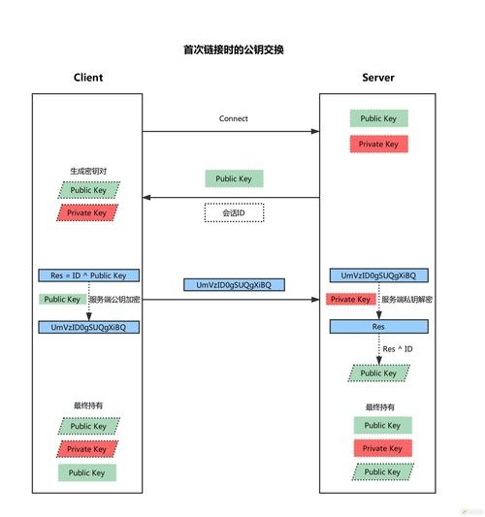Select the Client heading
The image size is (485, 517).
point(87,78)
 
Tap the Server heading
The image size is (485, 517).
point(378,78)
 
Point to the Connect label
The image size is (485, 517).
point(234,118)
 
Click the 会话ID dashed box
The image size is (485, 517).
point(234,211)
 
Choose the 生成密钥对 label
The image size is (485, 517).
point(87,171)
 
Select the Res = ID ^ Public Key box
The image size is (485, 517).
point(88,275)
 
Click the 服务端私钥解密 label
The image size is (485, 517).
point(406,300)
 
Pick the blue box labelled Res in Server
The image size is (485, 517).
point(379,327)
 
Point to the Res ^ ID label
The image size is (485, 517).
point(398,348)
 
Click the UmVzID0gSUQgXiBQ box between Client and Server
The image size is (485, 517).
point(234,284)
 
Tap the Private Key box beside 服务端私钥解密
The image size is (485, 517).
point(351,300)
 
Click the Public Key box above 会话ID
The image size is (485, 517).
point(234,178)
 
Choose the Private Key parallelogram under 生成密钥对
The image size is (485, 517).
point(87,211)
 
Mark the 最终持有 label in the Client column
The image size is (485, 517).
point(87,405)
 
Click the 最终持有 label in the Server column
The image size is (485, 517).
point(379,406)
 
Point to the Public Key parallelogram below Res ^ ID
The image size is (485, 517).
point(378,373)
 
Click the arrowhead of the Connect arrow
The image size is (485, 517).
point(316,131)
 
